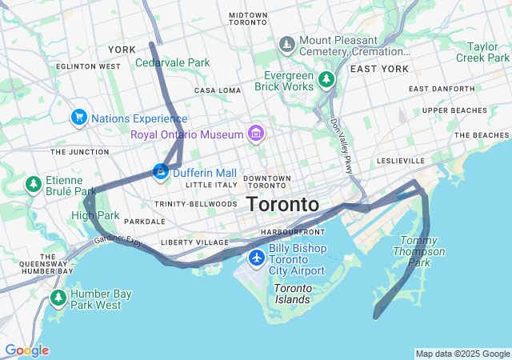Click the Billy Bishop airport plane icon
tap(256, 257)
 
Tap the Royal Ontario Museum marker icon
tap(256, 132)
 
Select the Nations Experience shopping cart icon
tap(79, 118)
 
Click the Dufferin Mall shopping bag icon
tap(161, 171)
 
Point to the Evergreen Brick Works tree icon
tap(326, 79)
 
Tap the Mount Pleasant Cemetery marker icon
tap(286, 42)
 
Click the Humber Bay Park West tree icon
tap(58, 298)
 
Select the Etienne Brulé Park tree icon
tap(33, 185)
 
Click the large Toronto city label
tap(282, 204)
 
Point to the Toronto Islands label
tap(293, 294)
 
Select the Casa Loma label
tap(217, 90)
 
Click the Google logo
tap(26, 350)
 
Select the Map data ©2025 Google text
tap(462, 354)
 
